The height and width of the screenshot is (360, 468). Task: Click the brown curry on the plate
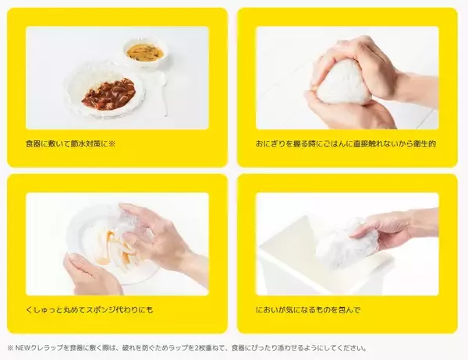[x=108, y=94]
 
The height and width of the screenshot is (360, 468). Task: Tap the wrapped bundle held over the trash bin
[x=347, y=242]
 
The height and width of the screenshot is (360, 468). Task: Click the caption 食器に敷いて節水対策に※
[x=70, y=144]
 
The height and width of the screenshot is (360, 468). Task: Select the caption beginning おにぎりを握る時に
[x=346, y=144]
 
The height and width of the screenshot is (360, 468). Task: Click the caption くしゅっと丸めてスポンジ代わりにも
[x=90, y=310]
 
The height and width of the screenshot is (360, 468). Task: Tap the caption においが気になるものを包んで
[x=308, y=310]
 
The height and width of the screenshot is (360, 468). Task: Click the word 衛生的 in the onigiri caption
[x=424, y=144]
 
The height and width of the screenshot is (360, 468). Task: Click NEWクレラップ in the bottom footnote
[x=39, y=348]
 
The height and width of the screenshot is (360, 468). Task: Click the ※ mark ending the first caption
[x=112, y=144]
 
